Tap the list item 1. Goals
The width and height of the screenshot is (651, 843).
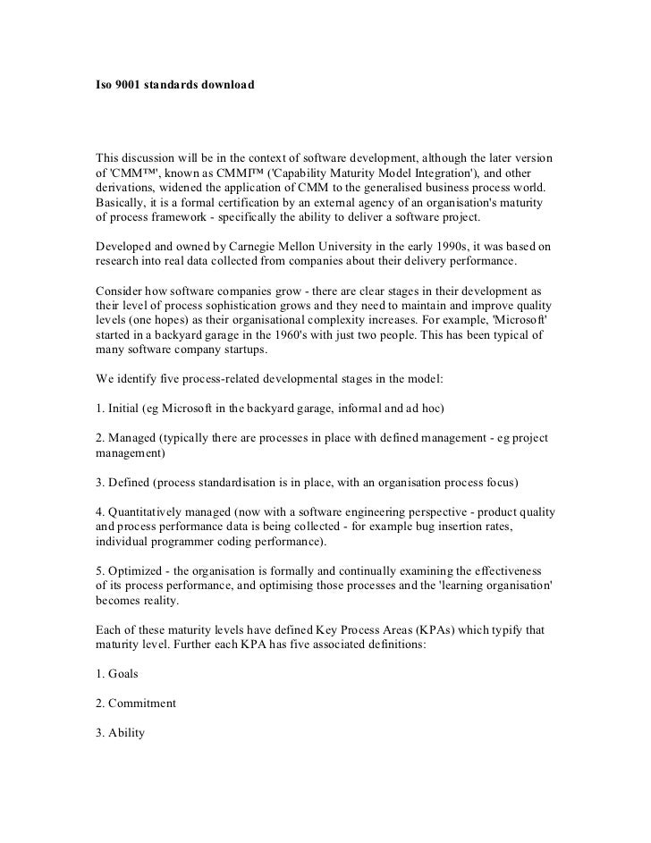[x=117, y=673]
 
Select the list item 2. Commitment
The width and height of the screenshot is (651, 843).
[x=135, y=702]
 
